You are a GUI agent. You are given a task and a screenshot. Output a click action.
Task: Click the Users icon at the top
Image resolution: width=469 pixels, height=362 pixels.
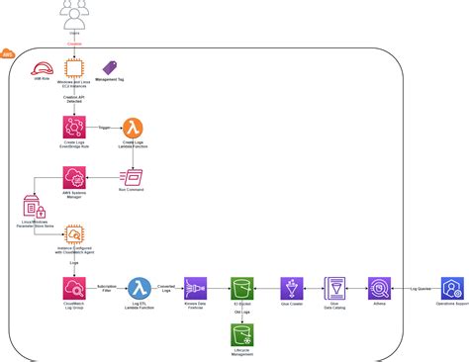tap(74, 13)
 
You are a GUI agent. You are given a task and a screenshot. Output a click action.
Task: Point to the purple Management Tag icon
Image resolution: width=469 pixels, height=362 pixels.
tap(111, 68)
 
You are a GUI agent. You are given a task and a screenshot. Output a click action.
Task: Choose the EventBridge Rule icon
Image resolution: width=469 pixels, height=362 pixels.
tap(74, 129)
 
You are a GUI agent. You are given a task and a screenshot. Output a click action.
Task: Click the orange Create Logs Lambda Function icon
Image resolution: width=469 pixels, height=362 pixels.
tap(133, 129)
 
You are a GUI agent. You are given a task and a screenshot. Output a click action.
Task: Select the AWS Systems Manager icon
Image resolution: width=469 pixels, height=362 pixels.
tap(74, 178)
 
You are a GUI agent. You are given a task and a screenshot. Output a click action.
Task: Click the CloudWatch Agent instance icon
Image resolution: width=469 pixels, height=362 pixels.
tap(74, 235)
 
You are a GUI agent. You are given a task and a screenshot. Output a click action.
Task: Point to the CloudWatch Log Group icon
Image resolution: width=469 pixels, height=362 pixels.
tap(74, 288)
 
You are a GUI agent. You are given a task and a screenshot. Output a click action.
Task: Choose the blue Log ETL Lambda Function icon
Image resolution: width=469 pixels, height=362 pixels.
tap(141, 288)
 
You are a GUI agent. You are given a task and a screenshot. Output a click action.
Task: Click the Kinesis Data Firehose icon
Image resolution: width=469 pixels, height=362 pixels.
tap(195, 288)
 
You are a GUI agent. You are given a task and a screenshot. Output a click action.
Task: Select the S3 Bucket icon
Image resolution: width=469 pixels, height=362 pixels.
tap(241, 288)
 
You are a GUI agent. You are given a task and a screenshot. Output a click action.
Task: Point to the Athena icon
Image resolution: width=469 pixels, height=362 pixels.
tap(379, 288)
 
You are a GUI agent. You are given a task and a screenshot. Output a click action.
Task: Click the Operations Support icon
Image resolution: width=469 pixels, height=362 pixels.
tap(453, 288)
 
